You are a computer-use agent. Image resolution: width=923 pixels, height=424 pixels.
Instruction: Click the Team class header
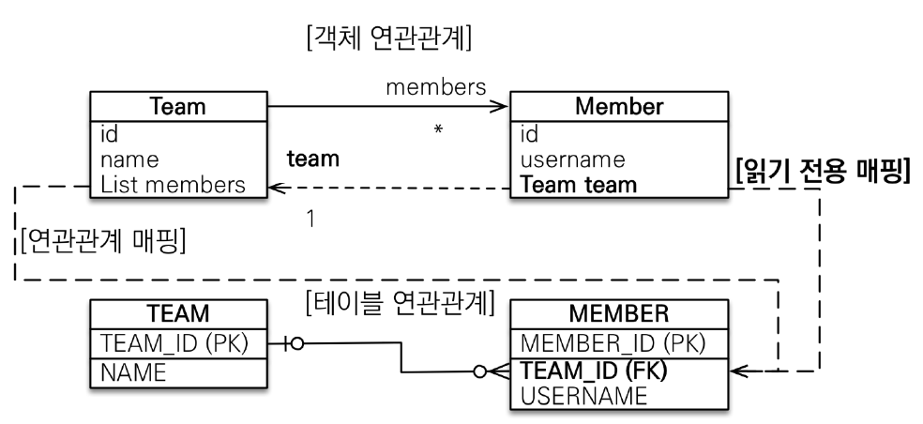pyautogui.click(x=178, y=106)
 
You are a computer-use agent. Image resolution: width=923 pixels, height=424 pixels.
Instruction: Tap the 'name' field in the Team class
pyautogui.click(x=129, y=159)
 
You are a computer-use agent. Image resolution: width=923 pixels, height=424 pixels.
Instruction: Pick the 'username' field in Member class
pyautogui.click(x=572, y=159)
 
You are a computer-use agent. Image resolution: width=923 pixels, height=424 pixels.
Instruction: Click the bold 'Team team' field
pyautogui.click(x=578, y=185)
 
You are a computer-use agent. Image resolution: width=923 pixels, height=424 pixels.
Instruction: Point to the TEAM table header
pyautogui.click(x=178, y=314)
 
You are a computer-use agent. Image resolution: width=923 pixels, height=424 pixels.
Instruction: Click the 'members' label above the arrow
pyautogui.click(x=435, y=87)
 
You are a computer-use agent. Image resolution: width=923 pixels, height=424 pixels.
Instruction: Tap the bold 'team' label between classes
pyautogui.click(x=312, y=159)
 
